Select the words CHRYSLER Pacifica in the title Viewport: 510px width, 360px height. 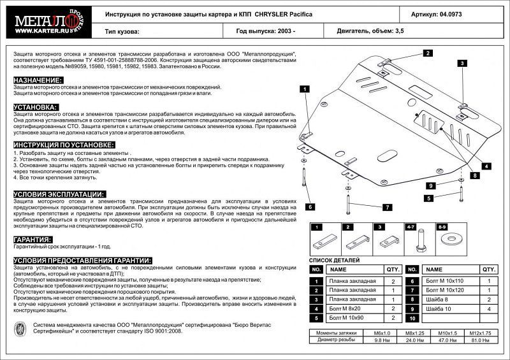[282, 13]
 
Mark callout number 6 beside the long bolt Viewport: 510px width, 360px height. [310, 206]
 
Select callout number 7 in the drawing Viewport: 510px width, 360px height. [386, 207]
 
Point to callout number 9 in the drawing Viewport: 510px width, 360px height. [430, 185]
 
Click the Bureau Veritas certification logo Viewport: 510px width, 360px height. [20, 328]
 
